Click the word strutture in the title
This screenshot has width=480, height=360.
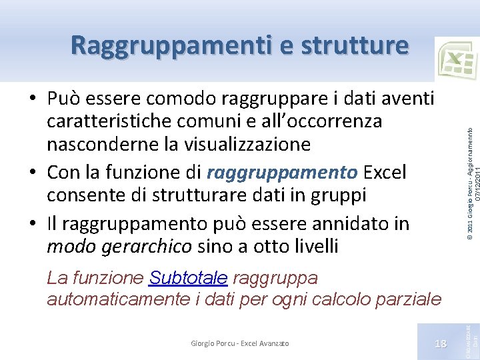click(x=354, y=45)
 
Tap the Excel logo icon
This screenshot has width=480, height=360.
click(x=457, y=60)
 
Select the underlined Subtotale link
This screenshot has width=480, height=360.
click(x=189, y=277)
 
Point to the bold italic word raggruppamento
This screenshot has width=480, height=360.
click(x=282, y=173)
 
